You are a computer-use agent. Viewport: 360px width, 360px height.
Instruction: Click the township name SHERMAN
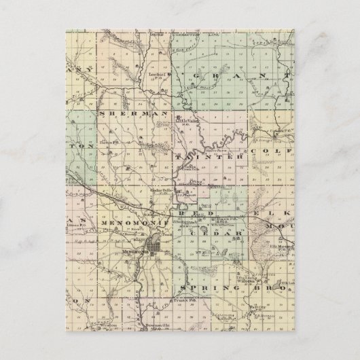coord(134,115)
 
